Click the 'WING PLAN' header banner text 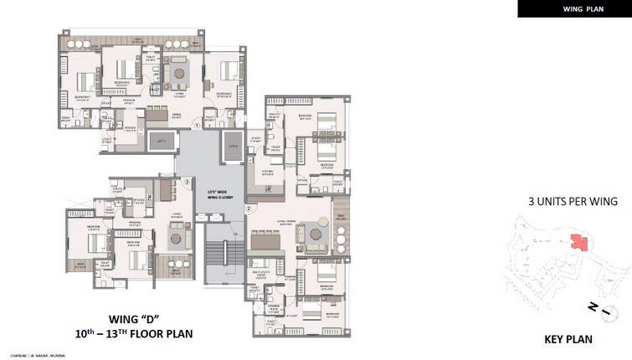point(573,8)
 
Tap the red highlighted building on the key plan point(577,243)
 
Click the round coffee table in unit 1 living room point(179,75)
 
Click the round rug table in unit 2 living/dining point(316,234)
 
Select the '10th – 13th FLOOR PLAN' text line point(151,334)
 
